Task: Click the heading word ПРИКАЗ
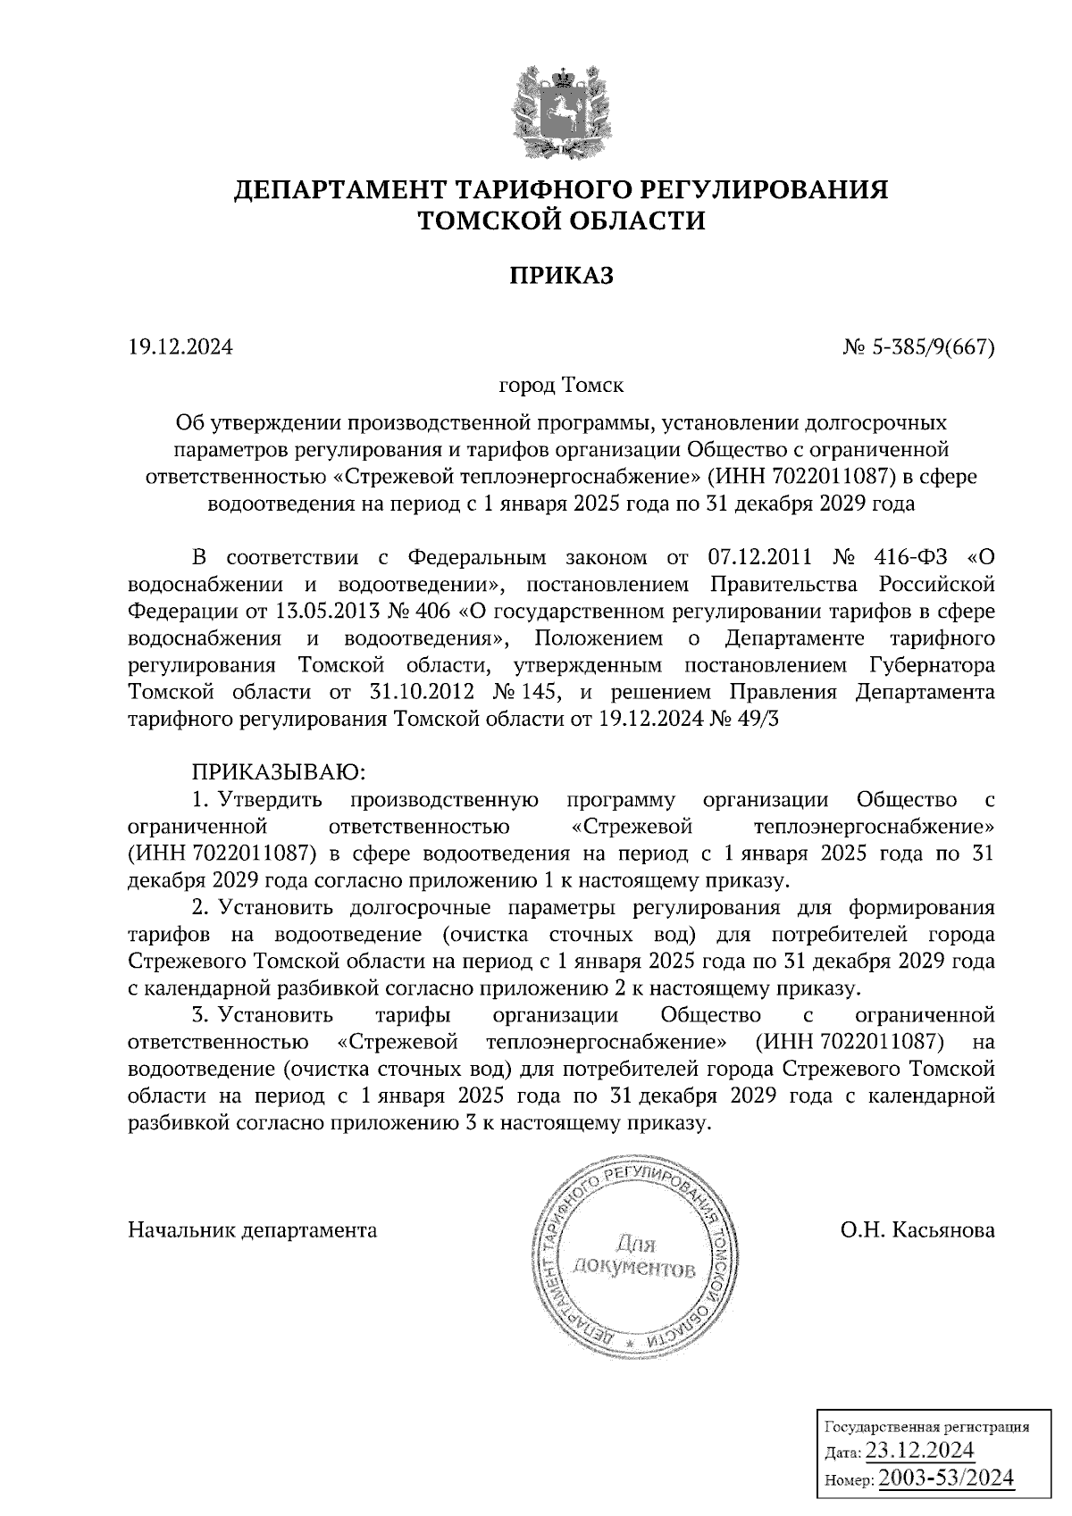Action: (562, 276)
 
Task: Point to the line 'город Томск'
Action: (561, 387)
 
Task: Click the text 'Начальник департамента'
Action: (253, 1230)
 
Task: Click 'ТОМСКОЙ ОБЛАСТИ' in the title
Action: (562, 221)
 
